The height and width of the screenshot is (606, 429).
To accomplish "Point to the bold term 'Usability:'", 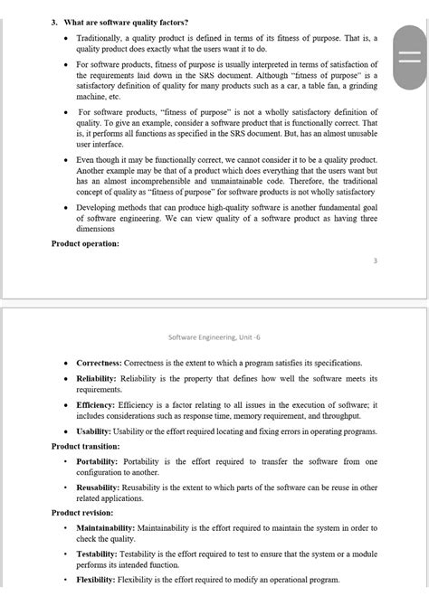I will [96, 431].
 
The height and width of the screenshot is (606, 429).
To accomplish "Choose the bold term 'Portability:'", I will [100, 461].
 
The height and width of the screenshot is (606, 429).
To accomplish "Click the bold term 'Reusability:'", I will [100, 488].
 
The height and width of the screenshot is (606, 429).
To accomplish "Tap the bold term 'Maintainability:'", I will [106, 527].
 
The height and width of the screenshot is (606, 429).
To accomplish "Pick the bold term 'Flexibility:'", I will [96, 580].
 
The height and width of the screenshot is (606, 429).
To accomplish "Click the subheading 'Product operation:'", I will [85, 243].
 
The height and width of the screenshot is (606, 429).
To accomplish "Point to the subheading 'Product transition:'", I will [86, 446].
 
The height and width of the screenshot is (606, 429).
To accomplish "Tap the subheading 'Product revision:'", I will [82, 513].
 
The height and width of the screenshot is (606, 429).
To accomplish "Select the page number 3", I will [375, 260].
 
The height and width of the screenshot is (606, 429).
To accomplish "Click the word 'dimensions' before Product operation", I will [97, 229].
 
